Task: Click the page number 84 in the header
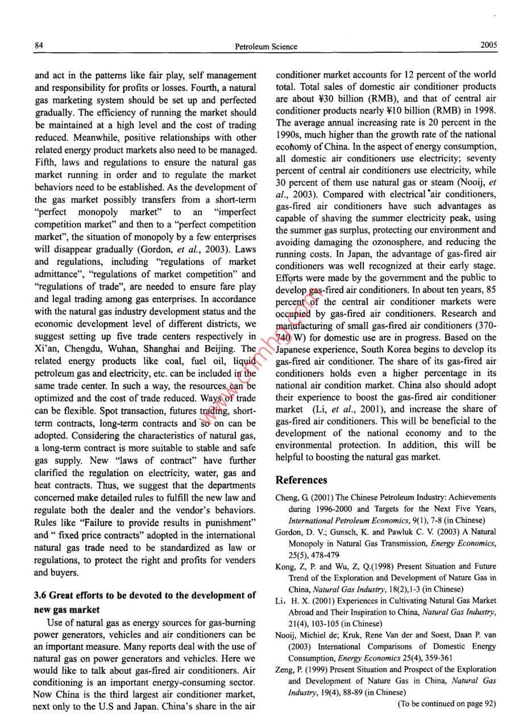point(39,46)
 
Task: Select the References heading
point(301,480)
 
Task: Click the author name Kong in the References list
point(286,566)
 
